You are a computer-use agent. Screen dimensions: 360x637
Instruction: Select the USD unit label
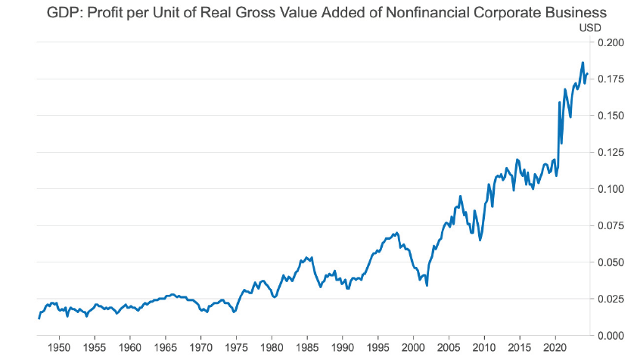coord(589,28)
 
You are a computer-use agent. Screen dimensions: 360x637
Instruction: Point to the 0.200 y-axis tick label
coord(611,42)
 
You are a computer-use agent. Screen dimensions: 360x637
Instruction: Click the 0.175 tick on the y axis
coord(611,79)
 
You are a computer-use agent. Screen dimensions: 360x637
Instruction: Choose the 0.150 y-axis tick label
coord(611,116)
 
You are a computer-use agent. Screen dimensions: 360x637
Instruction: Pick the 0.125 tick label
coord(611,152)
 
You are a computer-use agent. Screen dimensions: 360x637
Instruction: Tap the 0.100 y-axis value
coord(611,189)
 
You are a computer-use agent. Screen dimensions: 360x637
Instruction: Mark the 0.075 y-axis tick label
coord(611,225)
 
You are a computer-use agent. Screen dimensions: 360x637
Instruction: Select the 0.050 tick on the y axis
coord(611,262)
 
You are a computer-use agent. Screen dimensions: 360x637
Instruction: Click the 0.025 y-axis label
coord(611,299)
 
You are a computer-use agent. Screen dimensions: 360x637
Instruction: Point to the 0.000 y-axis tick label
coord(611,335)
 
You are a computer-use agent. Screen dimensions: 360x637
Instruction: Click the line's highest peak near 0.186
coord(583,63)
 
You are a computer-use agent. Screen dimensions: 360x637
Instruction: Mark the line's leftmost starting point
coord(39,318)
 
